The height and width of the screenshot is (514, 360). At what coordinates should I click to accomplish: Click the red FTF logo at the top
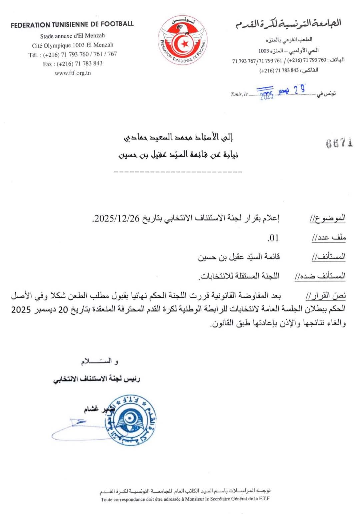pyautogui.click(x=183, y=40)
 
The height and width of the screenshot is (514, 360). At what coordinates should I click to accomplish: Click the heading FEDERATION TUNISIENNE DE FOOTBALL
pyautogui.click(x=72, y=24)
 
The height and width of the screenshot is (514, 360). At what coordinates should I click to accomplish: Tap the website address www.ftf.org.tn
pyautogui.click(x=73, y=73)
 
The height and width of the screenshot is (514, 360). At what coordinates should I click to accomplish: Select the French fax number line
pyautogui.click(x=73, y=64)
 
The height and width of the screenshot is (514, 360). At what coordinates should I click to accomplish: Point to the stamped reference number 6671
pyautogui.click(x=339, y=143)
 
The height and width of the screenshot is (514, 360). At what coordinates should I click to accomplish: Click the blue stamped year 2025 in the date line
pyautogui.click(x=267, y=95)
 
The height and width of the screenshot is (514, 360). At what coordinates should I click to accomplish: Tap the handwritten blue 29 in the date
pyautogui.click(x=299, y=89)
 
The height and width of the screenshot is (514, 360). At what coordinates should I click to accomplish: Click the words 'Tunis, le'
pyautogui.click(x=239, y=94)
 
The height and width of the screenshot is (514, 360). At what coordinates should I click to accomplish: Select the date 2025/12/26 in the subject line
pyautogui.click(x=117, y=218)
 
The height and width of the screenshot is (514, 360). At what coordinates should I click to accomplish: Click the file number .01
pyautogui.click(x=273, y=238)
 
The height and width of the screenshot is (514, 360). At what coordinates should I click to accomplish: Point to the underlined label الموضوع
pyautogui.click(x=328, y=218)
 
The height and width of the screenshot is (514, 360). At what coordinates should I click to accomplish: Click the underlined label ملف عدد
pyautogui.click(x=329, y=238)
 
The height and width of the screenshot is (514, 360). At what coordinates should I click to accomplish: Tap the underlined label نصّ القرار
pyautogui.click(x=326, y=296)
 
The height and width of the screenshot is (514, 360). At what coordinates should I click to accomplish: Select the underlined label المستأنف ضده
pyautogui.click(x=320, y=276)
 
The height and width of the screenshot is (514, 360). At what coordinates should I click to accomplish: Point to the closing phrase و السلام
pyautogui.click(x=99, y=361)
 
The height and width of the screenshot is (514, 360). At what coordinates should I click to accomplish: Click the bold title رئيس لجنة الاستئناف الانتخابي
pyautogui.click(x=97, y=379)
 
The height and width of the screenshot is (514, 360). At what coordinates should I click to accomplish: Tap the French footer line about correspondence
pyautogui.click(x=185, y=499)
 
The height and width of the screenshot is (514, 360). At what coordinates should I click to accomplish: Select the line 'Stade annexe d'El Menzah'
pyautogui.click(x=72, y=36)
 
